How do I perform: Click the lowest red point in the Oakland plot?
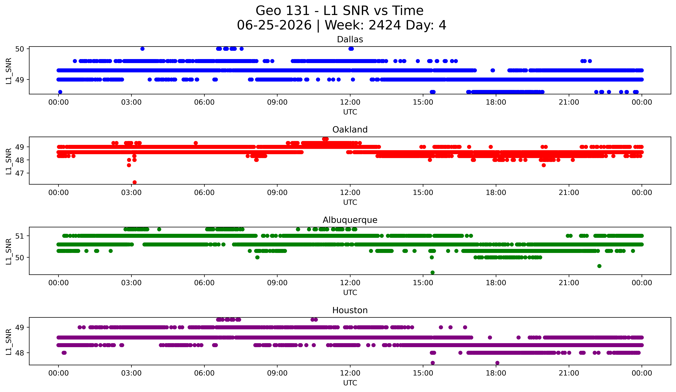pyautogui.click(x=135, y=182)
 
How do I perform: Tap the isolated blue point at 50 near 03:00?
pyautogui.click(x=142, y=49)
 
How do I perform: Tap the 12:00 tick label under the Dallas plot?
pyautogui.click(x=350, y=102)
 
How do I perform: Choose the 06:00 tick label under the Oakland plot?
pyautogui.click(x=204, y=192)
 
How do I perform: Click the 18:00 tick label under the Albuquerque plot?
pyautogui.click(x=496, y=283)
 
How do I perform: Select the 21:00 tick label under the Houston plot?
pyautogui.click(x=569, y=373)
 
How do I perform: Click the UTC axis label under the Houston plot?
pyautogui.click(x=350, y=383)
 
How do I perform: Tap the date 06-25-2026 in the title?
pyautogui.click(x=274, y=25)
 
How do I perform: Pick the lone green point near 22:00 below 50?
pyautogui.click(x=599, y=266)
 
